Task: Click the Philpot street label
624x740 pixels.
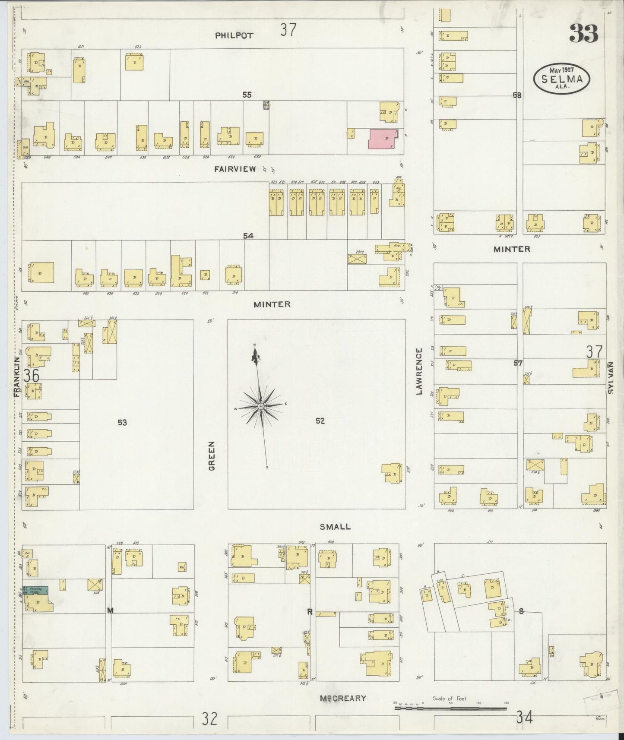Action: [x=234, y=35]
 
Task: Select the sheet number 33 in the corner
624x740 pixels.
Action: [x=583, y=34]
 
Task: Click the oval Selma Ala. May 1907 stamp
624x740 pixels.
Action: [x=561, y=79]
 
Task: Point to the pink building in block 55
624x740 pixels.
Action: [x=383, y=139]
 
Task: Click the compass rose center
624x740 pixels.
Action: [x=261, y=407]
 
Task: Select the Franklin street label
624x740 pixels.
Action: [x=17, y=376]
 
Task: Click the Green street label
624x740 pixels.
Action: [x=212, y=455]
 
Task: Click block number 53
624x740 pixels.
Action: [x=122, y=422]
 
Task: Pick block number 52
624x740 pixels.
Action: [x=320, y=421]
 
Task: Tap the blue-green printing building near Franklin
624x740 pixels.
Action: [x=35, y=590]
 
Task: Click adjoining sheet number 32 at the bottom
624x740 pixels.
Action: [x=209, y=719]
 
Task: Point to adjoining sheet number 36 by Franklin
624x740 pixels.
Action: [x=31, y=376]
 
